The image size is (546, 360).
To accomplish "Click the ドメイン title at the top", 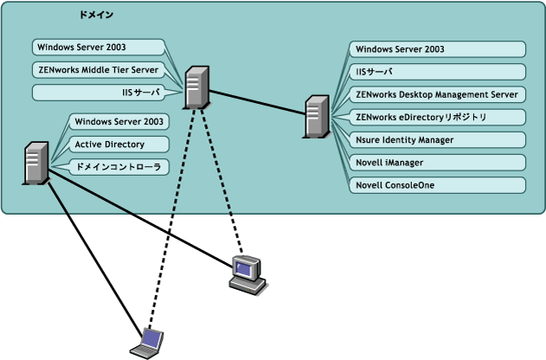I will (95, 16).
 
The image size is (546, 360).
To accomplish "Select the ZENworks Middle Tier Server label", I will (97, 69).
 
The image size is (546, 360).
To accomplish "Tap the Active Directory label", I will (110, 144).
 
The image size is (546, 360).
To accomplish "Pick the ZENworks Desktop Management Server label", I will (436, 93).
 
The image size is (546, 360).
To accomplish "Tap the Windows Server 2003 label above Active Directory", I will (119, 121).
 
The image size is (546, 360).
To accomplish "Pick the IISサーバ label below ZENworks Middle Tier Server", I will (134, 92).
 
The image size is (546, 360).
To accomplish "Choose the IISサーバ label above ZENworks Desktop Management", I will (376, 71).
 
